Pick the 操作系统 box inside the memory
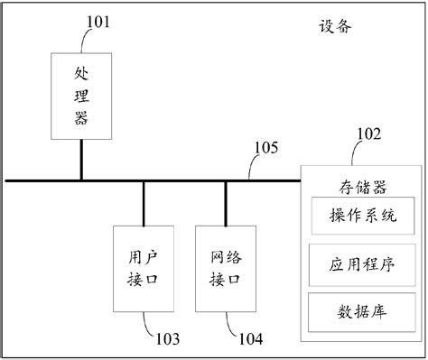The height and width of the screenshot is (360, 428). pyautogui.click(x=362, y=217)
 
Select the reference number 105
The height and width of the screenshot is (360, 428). pyautogui.click(x=266, y=147)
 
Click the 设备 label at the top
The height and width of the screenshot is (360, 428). pyautogui.click(x=334, y=25)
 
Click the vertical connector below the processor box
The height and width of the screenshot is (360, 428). pyautogui.click(x=81, y=160)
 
